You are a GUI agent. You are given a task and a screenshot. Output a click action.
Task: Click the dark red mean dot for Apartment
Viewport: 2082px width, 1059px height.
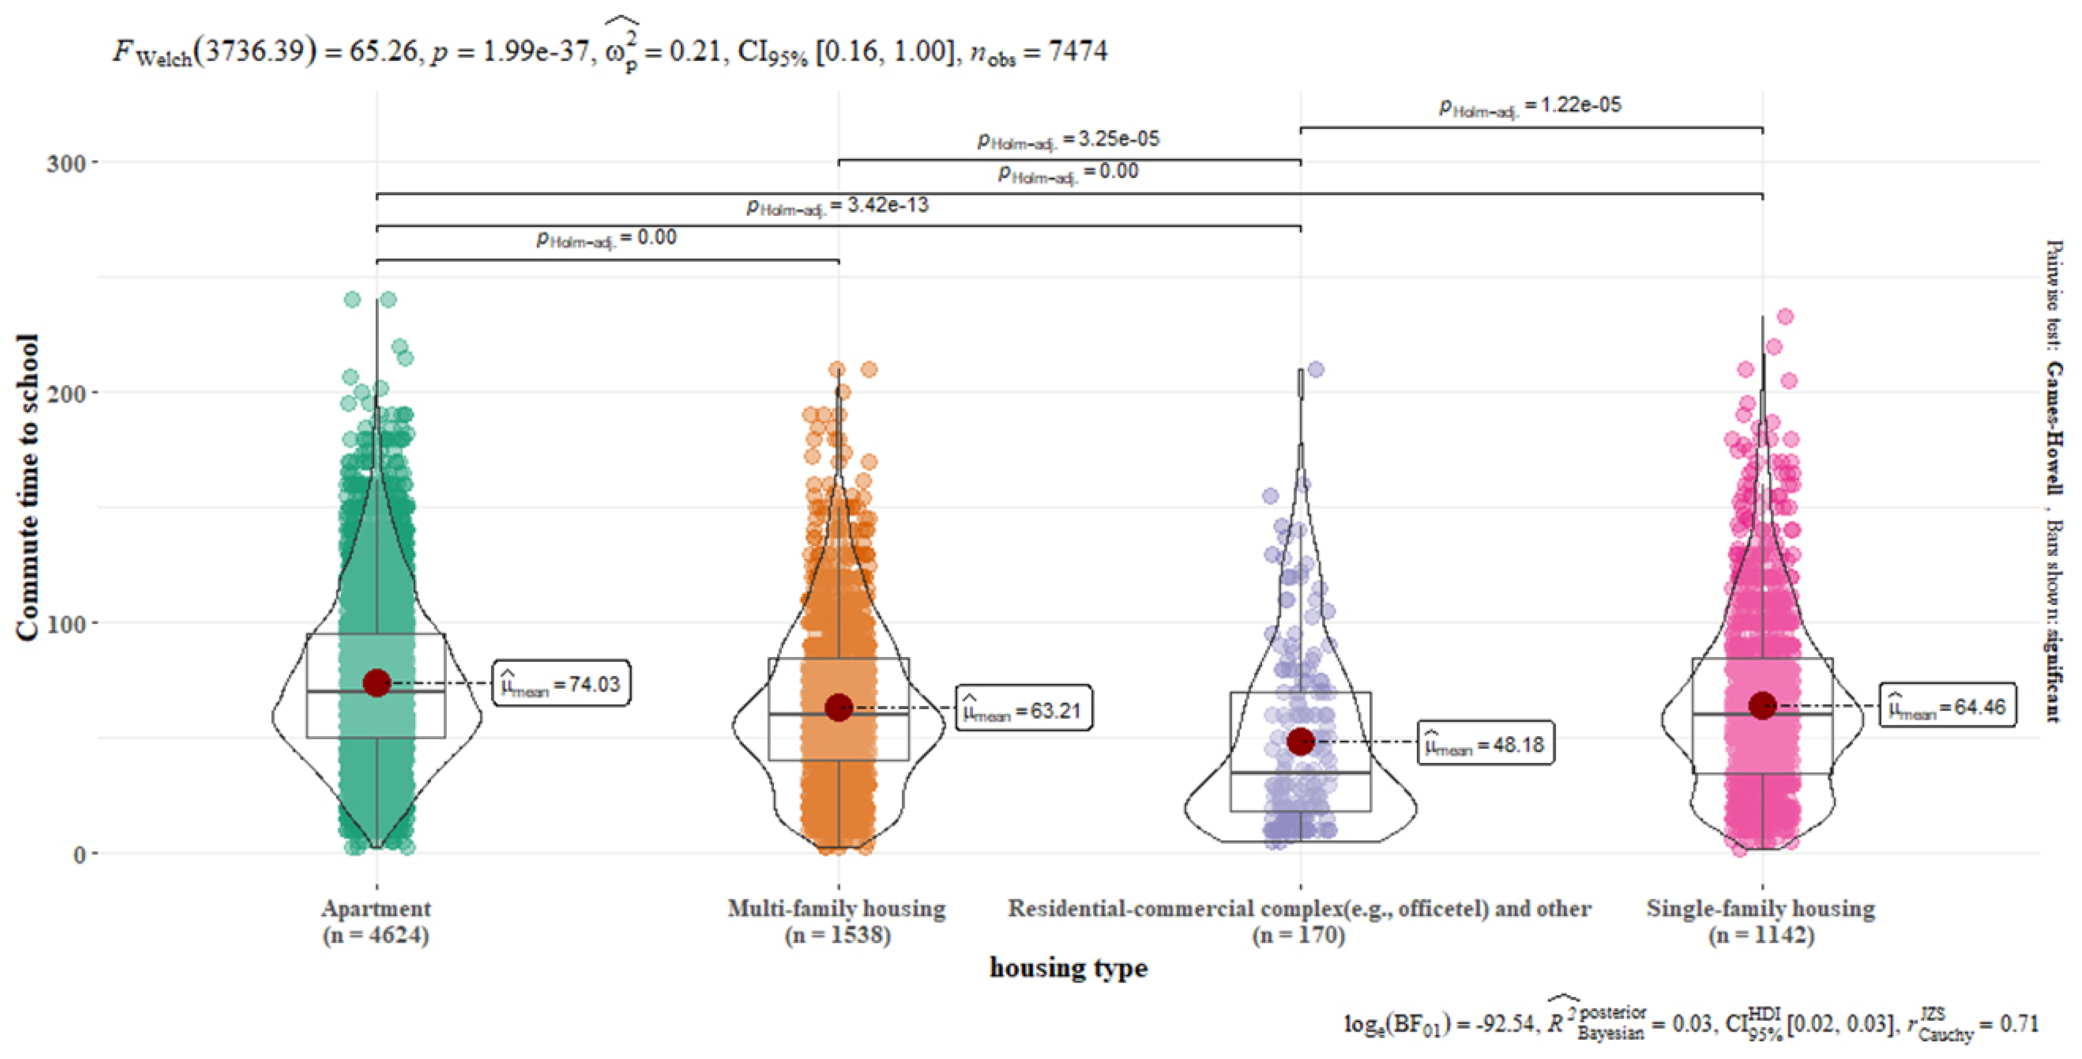[377, 683]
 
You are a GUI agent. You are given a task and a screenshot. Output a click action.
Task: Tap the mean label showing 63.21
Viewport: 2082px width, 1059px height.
[1024, 709]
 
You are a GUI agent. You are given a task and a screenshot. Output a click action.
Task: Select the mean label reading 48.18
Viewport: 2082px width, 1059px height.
[1485, 743]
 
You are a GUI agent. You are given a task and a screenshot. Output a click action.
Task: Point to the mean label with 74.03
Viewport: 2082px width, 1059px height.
[561, 684]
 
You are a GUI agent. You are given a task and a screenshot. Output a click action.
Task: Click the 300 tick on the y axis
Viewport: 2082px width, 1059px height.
[66, 163]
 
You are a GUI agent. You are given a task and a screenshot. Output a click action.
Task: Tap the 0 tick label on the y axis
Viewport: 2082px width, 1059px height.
[79, 854]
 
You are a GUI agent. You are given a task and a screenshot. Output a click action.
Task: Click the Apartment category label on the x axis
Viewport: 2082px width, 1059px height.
[376, 909]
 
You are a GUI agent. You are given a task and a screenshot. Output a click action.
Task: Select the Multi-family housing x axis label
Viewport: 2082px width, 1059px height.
[836, 909]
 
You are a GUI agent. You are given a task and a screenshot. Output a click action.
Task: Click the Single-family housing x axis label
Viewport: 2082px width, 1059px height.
[1760, 909]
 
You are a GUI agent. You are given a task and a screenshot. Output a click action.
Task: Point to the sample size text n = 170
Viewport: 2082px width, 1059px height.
[1298, 936]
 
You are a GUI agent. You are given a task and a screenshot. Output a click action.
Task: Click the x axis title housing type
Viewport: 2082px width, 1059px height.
[1068, 968]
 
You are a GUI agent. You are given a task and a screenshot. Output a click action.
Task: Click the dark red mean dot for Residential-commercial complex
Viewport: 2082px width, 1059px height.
[1299, 741]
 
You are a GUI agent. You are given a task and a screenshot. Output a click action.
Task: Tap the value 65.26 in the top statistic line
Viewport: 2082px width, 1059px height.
[383, 51]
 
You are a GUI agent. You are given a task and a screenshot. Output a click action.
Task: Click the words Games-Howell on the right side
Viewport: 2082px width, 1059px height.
[2054, 428]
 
